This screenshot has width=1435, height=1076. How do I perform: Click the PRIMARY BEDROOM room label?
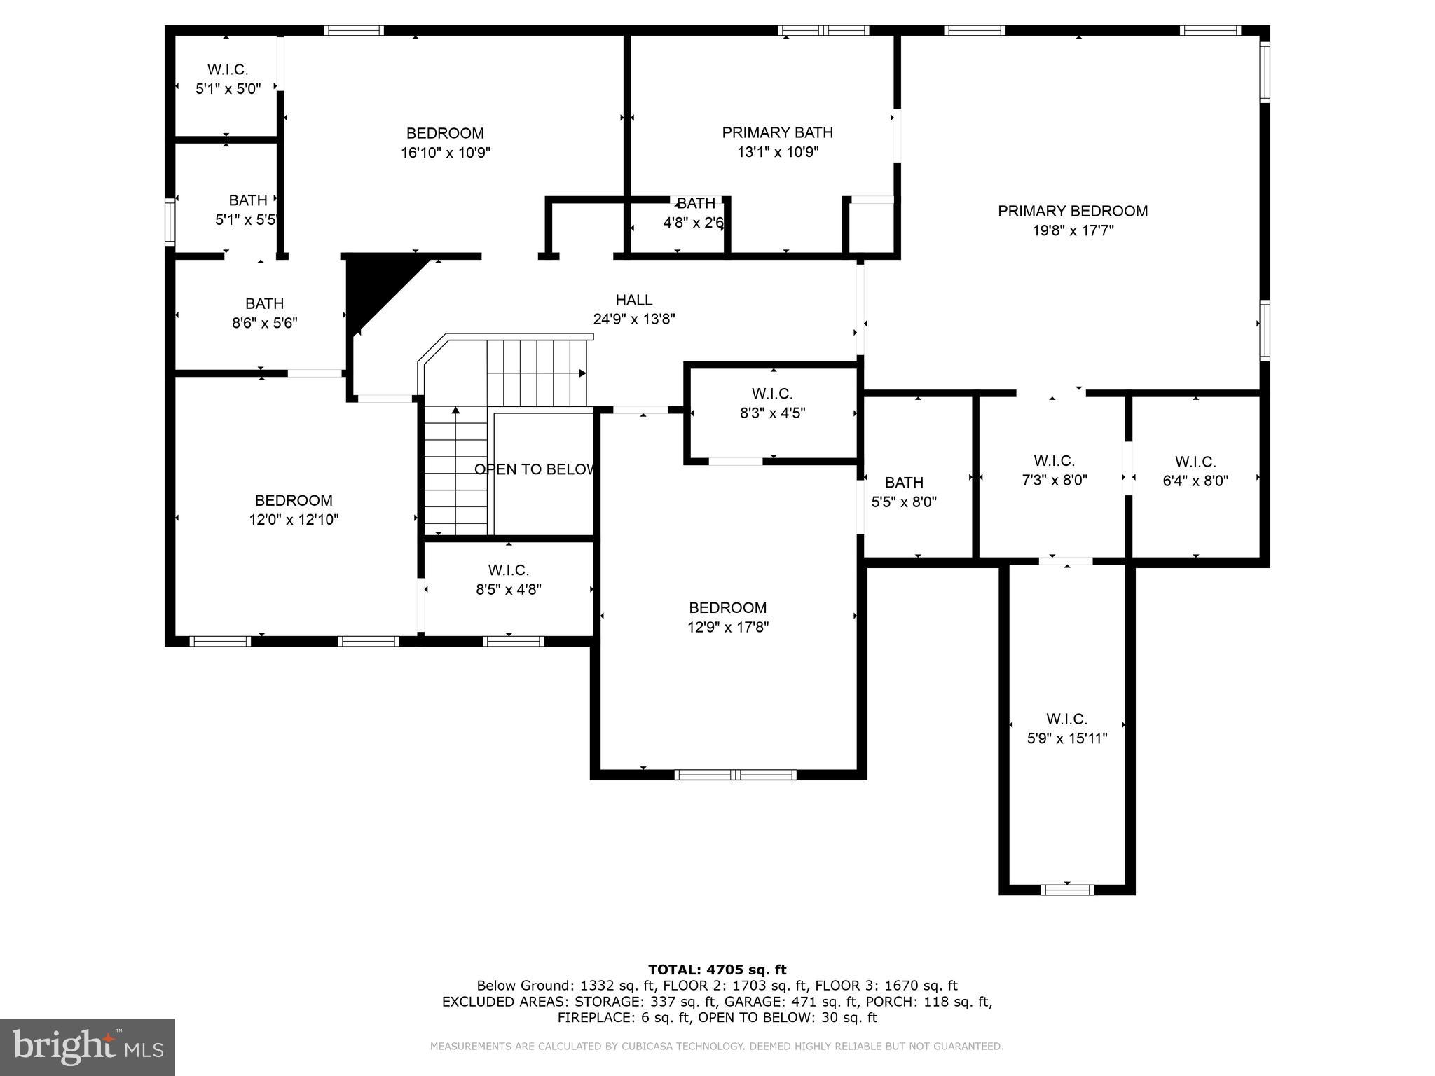1072,211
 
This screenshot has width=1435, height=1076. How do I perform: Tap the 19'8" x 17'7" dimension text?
1072,230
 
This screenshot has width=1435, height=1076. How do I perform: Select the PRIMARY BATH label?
777,132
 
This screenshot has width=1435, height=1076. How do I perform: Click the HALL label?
633,300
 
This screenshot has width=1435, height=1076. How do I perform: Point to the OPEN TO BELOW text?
535,469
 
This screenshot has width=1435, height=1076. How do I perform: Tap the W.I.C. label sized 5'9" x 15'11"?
1066,719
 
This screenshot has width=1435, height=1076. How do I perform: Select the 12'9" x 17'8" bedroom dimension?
727,627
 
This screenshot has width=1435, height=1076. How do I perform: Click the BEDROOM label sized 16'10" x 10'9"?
445,133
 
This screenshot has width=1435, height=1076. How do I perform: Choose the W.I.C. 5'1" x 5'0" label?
228,70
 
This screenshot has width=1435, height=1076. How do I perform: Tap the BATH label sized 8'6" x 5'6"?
264,304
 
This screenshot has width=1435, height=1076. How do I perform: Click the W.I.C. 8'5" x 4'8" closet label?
508,570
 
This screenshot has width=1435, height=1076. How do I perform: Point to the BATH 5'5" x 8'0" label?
904,483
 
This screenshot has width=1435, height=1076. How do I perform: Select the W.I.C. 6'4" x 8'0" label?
1195,462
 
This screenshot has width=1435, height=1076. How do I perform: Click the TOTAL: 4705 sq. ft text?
717,970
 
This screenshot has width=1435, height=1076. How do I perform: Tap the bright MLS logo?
87,1047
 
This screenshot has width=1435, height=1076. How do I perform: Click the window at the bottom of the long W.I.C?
1066,890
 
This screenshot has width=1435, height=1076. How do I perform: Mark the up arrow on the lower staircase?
455,411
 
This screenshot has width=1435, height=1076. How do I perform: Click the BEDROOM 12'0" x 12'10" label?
294,501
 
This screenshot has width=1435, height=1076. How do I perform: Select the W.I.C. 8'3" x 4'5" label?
772,394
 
